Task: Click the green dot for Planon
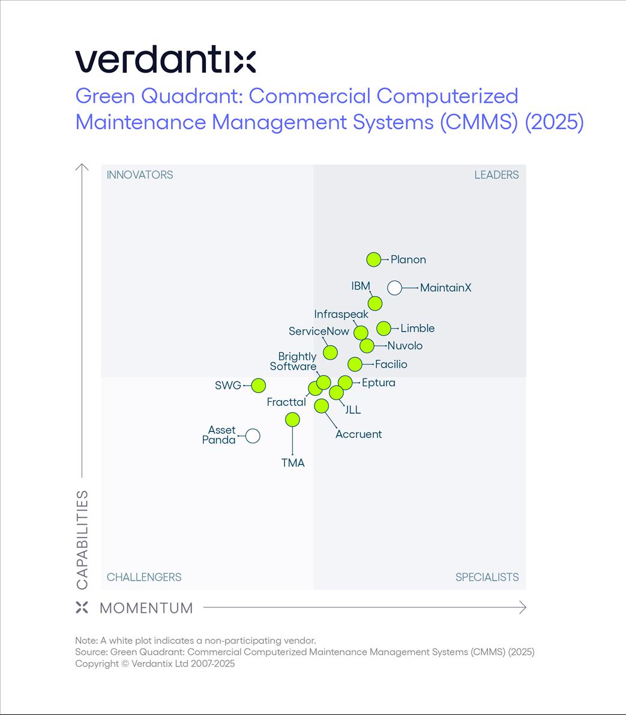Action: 374,260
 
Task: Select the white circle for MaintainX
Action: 394,288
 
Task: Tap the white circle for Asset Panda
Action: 253,436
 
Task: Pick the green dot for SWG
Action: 259,385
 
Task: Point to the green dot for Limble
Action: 384,328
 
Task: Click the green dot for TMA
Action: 292,419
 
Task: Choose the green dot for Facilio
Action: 355,364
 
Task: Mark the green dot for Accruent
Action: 322,406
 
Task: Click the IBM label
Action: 361,286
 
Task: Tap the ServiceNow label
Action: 319,331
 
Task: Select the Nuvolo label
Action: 405,345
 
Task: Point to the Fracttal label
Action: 286,402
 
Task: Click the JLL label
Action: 353,410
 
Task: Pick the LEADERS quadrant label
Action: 496,175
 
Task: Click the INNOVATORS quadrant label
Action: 140,175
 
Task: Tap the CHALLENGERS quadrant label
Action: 144,577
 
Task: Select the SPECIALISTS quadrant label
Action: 487,577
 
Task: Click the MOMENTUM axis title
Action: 146,608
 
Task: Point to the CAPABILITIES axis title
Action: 82,540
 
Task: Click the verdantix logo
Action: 166,61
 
